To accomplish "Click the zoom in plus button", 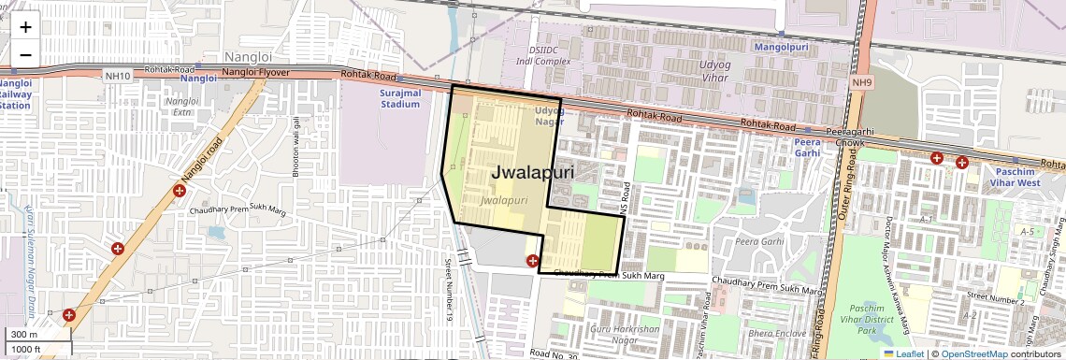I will click(25, 27).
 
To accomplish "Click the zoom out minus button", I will click(25, 54).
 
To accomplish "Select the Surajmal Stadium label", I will click(401, 99).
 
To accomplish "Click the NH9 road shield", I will click(861, 83).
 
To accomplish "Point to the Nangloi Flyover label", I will click(256, 73).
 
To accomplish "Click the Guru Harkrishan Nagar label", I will click(625, 335).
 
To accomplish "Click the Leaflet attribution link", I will click(902, 354).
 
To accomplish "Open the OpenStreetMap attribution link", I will click(973, 354).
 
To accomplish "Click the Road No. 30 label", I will click(555, 354).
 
